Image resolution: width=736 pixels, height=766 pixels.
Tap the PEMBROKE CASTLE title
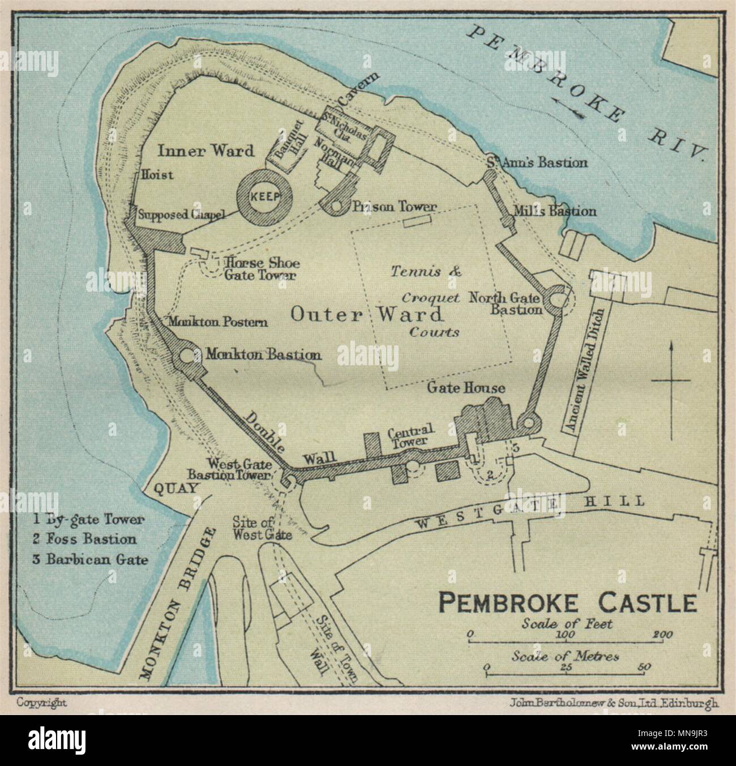568,604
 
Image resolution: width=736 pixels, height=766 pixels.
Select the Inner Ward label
206,151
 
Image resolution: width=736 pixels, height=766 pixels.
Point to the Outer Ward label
366,314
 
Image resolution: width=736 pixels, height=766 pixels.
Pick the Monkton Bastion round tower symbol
186,356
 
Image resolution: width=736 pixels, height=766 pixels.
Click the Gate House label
466,388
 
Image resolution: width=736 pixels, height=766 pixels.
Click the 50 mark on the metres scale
643,667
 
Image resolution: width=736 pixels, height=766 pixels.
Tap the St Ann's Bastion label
536,163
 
